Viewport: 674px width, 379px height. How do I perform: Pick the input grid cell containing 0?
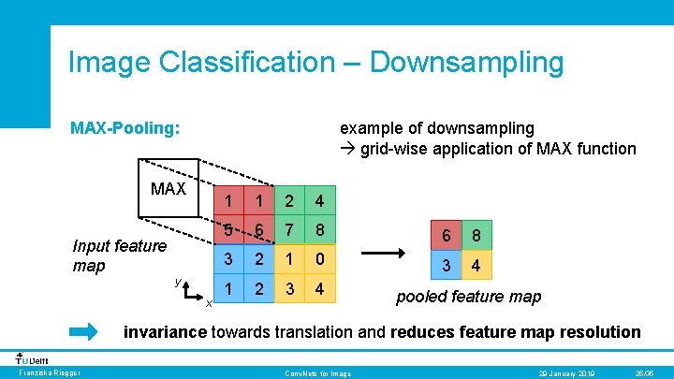click(x=321, y=260)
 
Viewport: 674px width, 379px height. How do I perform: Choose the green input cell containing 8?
click(x=321, y=230)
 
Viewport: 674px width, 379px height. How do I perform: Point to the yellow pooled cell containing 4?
click(x=476, y=267)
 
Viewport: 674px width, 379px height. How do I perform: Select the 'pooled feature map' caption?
click(x=468, y=297)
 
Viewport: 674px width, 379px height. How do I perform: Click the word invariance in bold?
click(x=167, y=332)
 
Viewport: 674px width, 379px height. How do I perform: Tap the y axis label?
click(x=177, y=280)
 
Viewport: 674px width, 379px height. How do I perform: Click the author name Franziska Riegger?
click(x=45, y=373)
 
